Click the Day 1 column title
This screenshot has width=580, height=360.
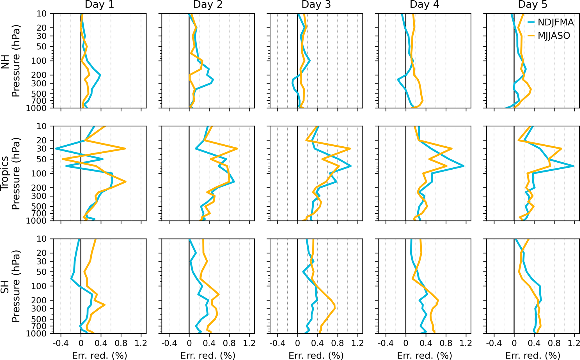[99, 5]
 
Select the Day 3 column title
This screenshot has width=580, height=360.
[316, 5]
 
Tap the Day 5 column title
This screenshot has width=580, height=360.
[533, 5]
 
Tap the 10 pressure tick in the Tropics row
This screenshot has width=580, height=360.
[42, 126]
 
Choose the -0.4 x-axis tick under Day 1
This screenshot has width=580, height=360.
[61, 343]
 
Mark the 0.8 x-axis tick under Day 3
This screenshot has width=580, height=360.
[338, 343]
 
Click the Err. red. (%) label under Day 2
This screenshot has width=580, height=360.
[208, 356]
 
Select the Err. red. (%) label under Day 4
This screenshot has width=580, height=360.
[424, 356]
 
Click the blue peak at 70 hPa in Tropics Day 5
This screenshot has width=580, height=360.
[573, 166]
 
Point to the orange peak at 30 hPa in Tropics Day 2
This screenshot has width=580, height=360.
[237, 149]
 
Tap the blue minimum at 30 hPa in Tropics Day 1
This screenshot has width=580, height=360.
[56, 149]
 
